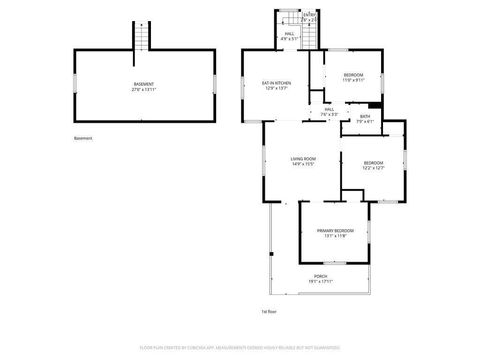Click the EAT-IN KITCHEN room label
[277, 83]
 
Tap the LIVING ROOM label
[303, 158]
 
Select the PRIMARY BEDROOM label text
[335, 233]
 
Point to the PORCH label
[320, 276]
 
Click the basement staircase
[142, 38]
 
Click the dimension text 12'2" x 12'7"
[373, 168]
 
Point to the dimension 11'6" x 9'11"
[354, 80]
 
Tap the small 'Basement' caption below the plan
[83, 138]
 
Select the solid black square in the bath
[375, 105]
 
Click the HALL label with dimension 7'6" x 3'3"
[329, 110]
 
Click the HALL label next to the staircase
[289, 33]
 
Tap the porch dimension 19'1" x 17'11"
[320, 282]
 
